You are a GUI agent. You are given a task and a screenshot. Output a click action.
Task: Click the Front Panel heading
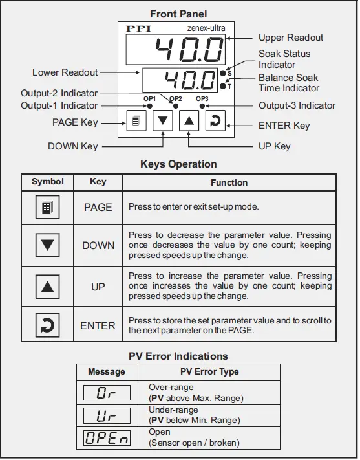click(178, 14)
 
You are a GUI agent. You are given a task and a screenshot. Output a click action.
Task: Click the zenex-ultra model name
click(207, 28)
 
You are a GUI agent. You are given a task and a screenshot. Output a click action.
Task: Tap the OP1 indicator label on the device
click(150, 98)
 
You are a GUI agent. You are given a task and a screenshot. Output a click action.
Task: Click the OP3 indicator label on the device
click(202, 98)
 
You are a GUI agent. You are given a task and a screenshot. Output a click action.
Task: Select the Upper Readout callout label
click(291, 38)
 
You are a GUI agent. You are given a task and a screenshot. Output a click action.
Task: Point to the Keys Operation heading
click(178, 164)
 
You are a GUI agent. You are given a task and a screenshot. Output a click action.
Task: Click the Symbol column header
click(48, 182)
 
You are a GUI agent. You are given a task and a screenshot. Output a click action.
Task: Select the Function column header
click(229, 182)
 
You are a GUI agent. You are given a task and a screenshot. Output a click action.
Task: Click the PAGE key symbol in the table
click(48, 208)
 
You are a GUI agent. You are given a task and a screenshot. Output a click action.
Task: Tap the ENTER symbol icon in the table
click(48, 325)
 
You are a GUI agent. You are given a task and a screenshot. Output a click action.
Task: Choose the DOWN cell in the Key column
click(98, 245)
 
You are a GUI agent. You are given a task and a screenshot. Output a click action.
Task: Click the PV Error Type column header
click(209, 372)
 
